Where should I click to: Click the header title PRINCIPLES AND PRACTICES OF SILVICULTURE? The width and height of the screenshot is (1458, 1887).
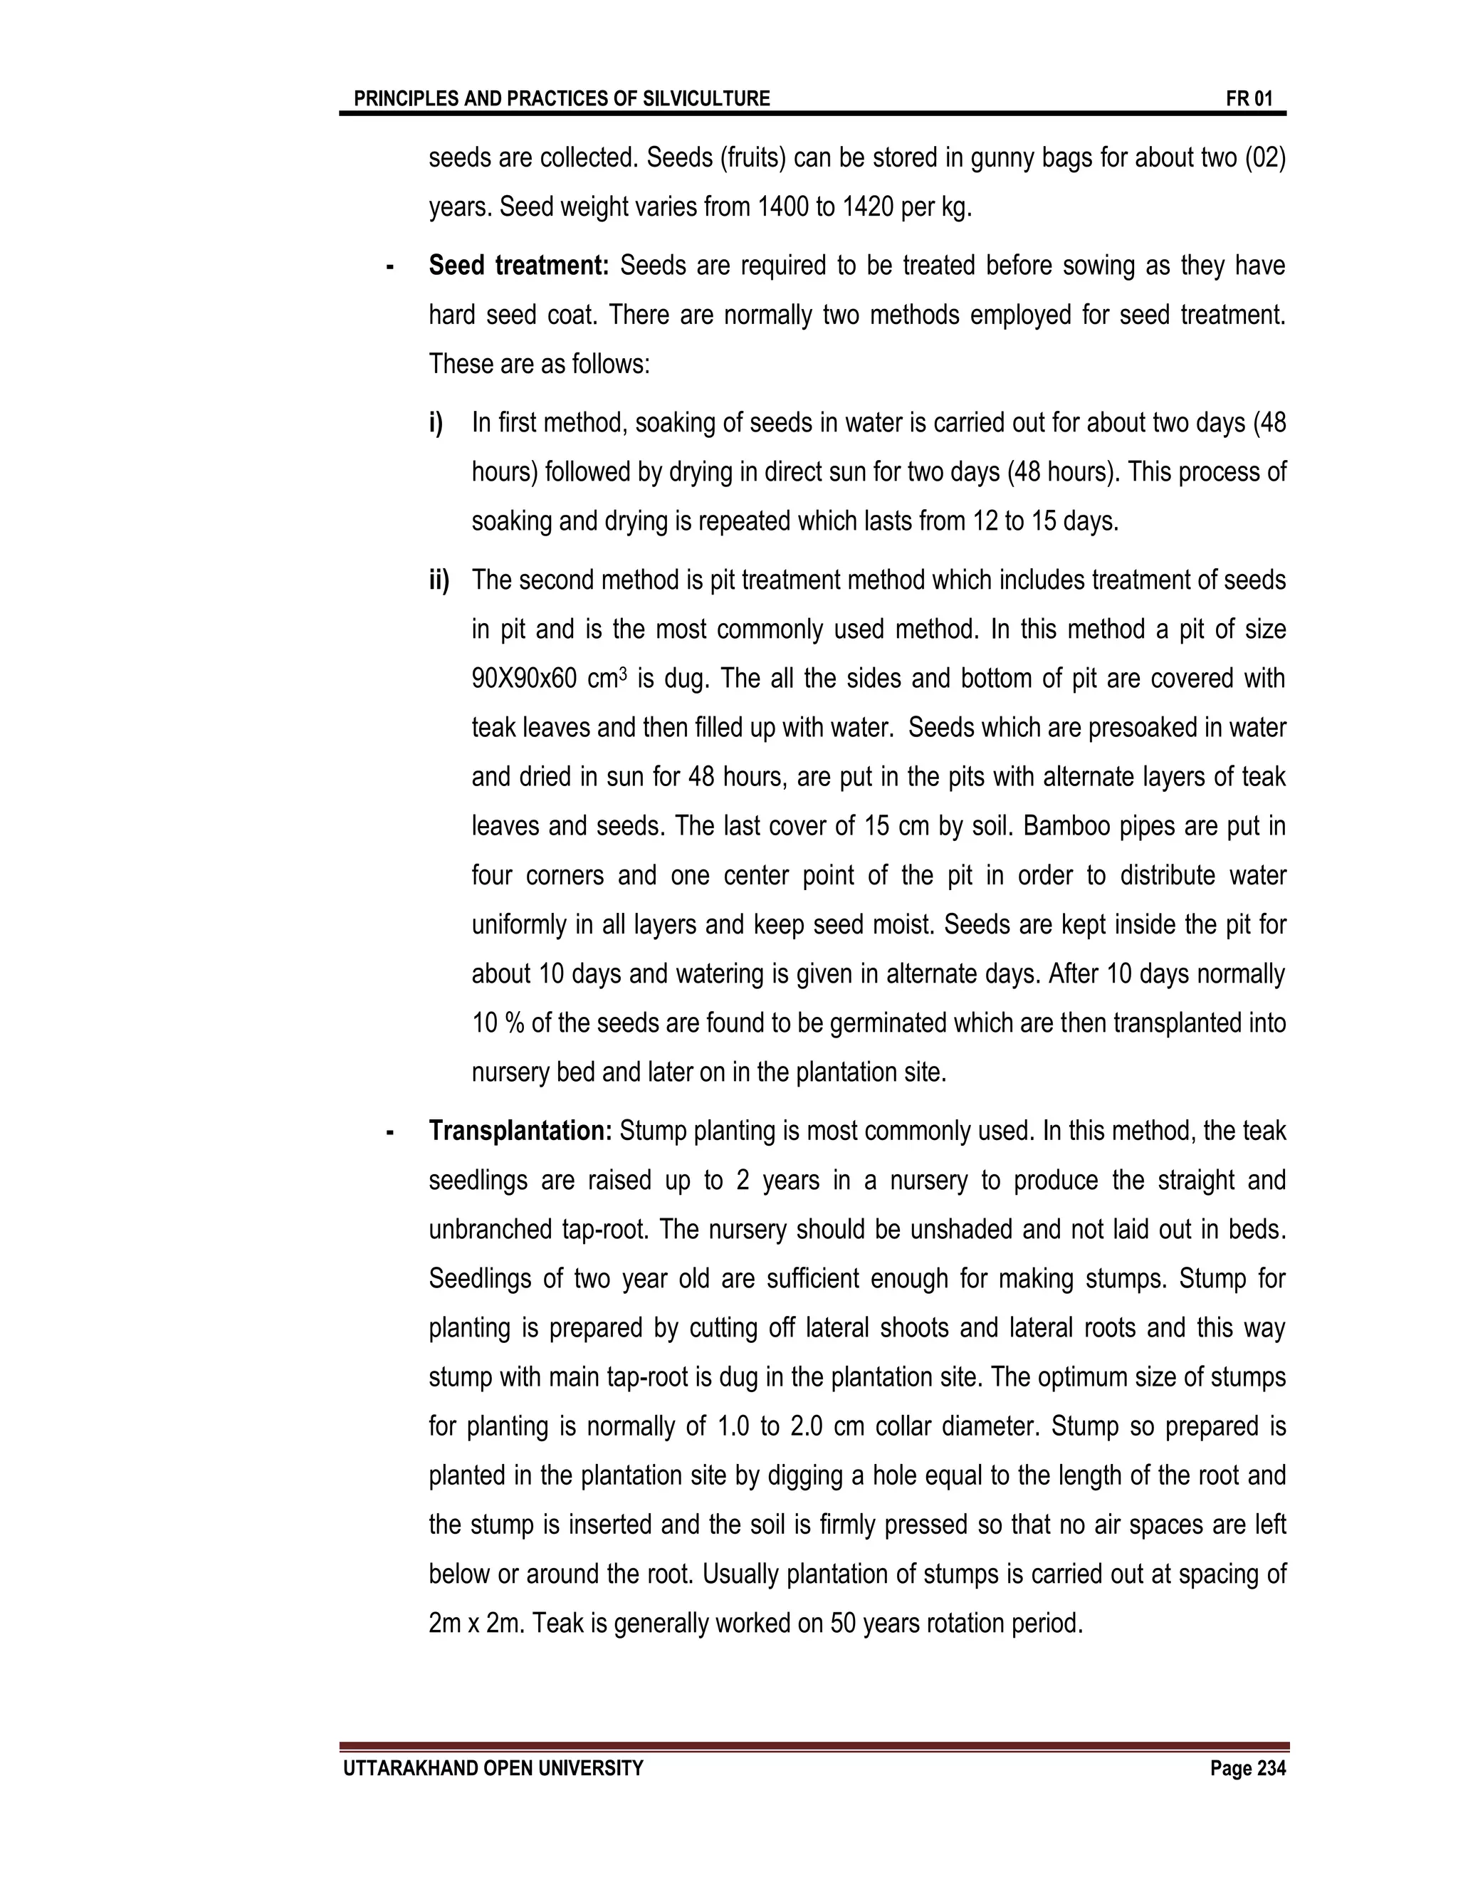tap(562, 98)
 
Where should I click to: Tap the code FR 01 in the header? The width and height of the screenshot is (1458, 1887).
tap(1249, 98)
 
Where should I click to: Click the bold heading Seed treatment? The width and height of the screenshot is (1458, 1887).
tap(518, 266)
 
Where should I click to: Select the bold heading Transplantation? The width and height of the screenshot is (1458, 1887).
tap(520, 1130)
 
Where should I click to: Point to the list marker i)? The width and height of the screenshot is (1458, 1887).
tap(436, 424)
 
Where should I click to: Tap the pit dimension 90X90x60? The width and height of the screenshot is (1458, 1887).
tap(523, 678)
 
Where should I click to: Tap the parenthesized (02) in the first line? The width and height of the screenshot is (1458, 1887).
tap(1265, 158)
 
